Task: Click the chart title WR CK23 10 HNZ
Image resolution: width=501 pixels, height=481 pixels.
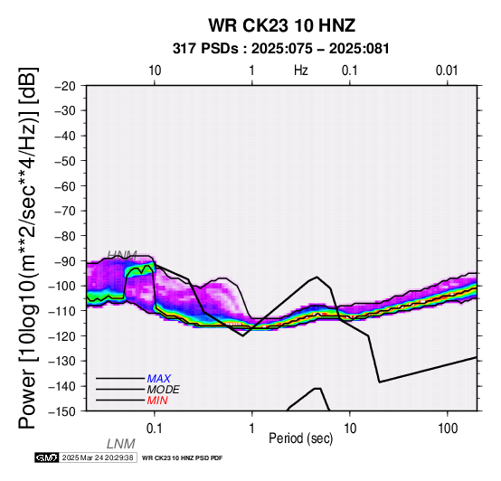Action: pyautogui.click(x=281, y=25)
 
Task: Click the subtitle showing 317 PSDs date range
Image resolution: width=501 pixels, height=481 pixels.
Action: pyautogui.click(x=281, y=49)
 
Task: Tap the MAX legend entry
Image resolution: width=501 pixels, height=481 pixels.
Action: pyautogui.click(x=159, y=379)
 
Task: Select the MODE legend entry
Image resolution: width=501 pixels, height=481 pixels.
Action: pyautogui.click(x=164, y=390)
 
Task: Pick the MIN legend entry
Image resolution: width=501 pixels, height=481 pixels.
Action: pyautogui.click(x=157, y=401)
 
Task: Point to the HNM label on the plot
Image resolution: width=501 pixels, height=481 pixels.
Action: pyautogui.click(x=122, y=255)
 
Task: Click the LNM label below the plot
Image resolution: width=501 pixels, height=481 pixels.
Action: pyautogui.click(x=121, y=444)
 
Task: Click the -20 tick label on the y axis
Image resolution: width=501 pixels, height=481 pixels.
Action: pyautogui.click(x=65, y=86)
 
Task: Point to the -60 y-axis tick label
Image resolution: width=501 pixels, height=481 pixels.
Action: pyautogui.click(x=65, y=186)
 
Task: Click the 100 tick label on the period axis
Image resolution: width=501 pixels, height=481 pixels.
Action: pyautogui.click(x=448, y=429)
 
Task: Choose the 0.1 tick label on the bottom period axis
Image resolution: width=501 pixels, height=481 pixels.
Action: pyautogui.click(x=155, y=429)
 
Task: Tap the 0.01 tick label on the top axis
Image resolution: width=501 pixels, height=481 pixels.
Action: pyautogui.click(x=447, y=71)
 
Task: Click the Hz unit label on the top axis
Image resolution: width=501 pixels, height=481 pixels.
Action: pyautogui.click(x=300, y=71)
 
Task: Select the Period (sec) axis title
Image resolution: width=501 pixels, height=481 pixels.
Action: pyautogui.click(x=300, y=439)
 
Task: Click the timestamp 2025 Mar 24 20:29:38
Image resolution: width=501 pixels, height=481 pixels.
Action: pyautogui.click(x=98, y=457)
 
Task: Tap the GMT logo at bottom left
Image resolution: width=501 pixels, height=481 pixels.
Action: pyautogui.click(x=47, y=457)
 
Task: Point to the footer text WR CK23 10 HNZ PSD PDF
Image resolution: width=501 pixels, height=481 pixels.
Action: pyautogui.click(x=182, y=458)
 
